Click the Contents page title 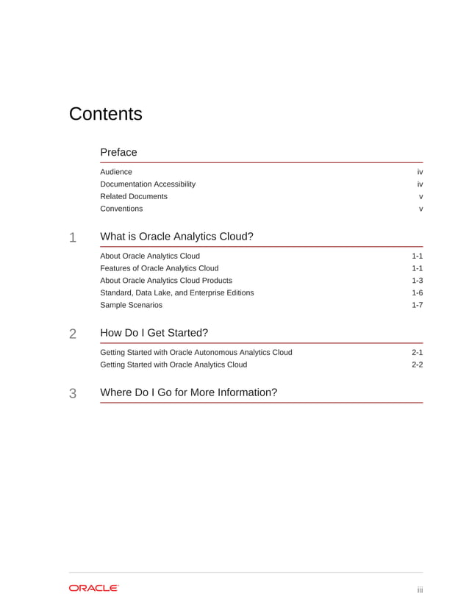[105, 115]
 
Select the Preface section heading [118, 152]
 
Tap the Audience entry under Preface [116, 172]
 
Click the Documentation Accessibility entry [148, 184]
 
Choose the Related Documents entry [134, 196]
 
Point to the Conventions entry [121, 209]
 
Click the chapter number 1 [73, 237]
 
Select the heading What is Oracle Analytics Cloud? [176, 237]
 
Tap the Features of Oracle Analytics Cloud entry [159, 268]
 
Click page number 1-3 [417, 281]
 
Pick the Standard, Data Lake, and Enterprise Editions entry [177, 292]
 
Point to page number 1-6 [417, 292]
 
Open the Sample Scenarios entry [131, 305]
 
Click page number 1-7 [417, 305]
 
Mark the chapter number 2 [73, 334]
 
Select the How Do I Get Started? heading [154, 333]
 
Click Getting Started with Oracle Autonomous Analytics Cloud [196, 352]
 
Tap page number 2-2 [417, 364]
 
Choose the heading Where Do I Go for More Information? [188, 392]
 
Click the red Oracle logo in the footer [93, 588]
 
